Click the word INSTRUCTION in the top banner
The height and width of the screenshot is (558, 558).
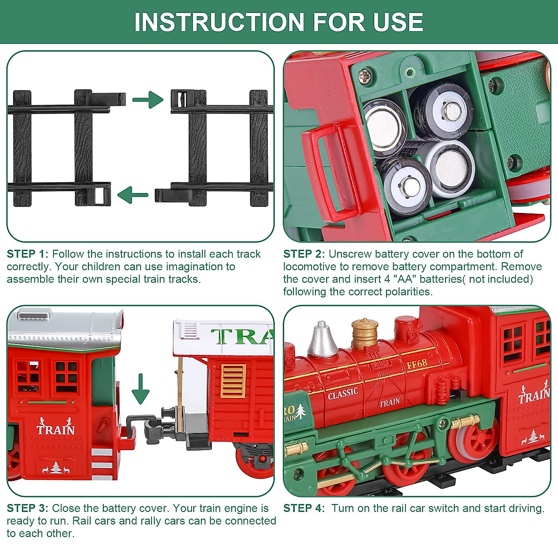(219, 22)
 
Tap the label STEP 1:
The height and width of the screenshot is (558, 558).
(27, 254)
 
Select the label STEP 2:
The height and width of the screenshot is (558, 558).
(304, 254)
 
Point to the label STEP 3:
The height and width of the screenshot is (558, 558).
(27, 508)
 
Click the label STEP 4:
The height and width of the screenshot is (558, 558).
(304, 508)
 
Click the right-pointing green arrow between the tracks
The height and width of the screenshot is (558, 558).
(148, 100)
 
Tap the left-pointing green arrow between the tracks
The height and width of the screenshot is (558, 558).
(133, 194)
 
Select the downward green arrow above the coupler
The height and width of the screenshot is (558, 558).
(140, 389)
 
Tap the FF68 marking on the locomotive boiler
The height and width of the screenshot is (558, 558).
(417, 364)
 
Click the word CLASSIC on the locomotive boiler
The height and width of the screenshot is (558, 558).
(343, 394)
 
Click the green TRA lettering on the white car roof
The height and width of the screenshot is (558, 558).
(242, 336)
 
